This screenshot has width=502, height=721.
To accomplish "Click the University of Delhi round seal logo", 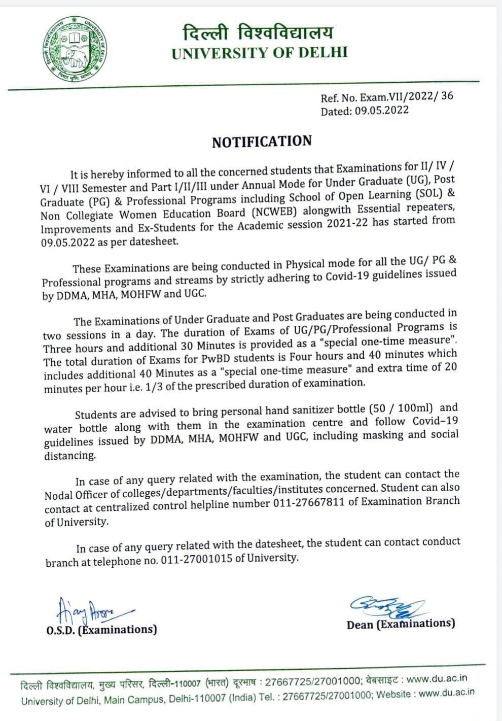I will pyautogui.click(x=75, y=50).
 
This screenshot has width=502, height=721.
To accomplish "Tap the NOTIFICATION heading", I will pyautogui.click(x=262, y=142).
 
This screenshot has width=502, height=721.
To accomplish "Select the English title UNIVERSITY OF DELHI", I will pyautogui.click(x=260, y=53).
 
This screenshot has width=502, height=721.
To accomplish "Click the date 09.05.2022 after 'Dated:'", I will pyautogui.click(x=381, y=111).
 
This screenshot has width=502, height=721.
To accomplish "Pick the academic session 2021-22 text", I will pyautogui.click(x=348, y=224).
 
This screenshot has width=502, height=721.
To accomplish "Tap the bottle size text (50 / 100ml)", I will pyautogui.click(x=401, y=408).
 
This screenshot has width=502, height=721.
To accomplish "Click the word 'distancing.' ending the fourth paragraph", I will pyautogui.click(x=70, y=455).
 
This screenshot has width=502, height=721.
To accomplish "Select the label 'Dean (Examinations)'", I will pyautogui.click(x=401, y=624).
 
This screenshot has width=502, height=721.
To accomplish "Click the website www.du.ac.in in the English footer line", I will pyautogui.click(x=447, y=692).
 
